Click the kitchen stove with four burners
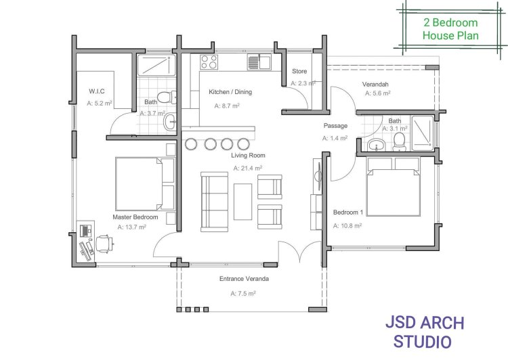209,62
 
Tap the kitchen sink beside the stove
259,62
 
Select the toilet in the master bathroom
167,97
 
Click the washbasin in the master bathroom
170,122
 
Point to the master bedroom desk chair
104,244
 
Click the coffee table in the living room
242,202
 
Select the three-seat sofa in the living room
214,202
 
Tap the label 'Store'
299,71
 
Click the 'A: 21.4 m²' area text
248,168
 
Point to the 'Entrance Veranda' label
244,279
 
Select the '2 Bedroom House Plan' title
450,29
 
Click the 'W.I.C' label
97,91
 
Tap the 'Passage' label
335,126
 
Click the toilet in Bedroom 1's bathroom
399,142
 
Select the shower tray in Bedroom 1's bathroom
423,133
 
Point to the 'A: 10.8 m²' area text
347,225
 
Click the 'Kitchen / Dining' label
230,92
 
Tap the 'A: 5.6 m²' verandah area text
378,93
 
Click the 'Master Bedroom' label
135,217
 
